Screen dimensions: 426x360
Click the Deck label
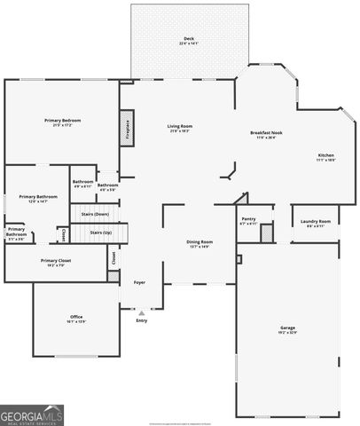[x=189, y=37]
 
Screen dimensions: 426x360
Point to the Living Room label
[x=180, y=126]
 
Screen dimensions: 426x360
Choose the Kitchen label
[x=325, y=155]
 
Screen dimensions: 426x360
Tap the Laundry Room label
[x=315, y=221]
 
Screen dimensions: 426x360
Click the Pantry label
[x=248, y=218]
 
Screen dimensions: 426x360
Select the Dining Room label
[x=199, y=241]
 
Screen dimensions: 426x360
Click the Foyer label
[x=139, y=282]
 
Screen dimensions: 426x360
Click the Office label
[x=76, y=317]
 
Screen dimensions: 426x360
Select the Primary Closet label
[x=55, y=260]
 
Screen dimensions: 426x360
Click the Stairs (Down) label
[x=95, y=214]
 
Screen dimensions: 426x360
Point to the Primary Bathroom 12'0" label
[x=39, y=196]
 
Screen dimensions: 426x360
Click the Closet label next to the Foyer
[x=113, y=257]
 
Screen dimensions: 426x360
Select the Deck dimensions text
[x=189, y=43]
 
